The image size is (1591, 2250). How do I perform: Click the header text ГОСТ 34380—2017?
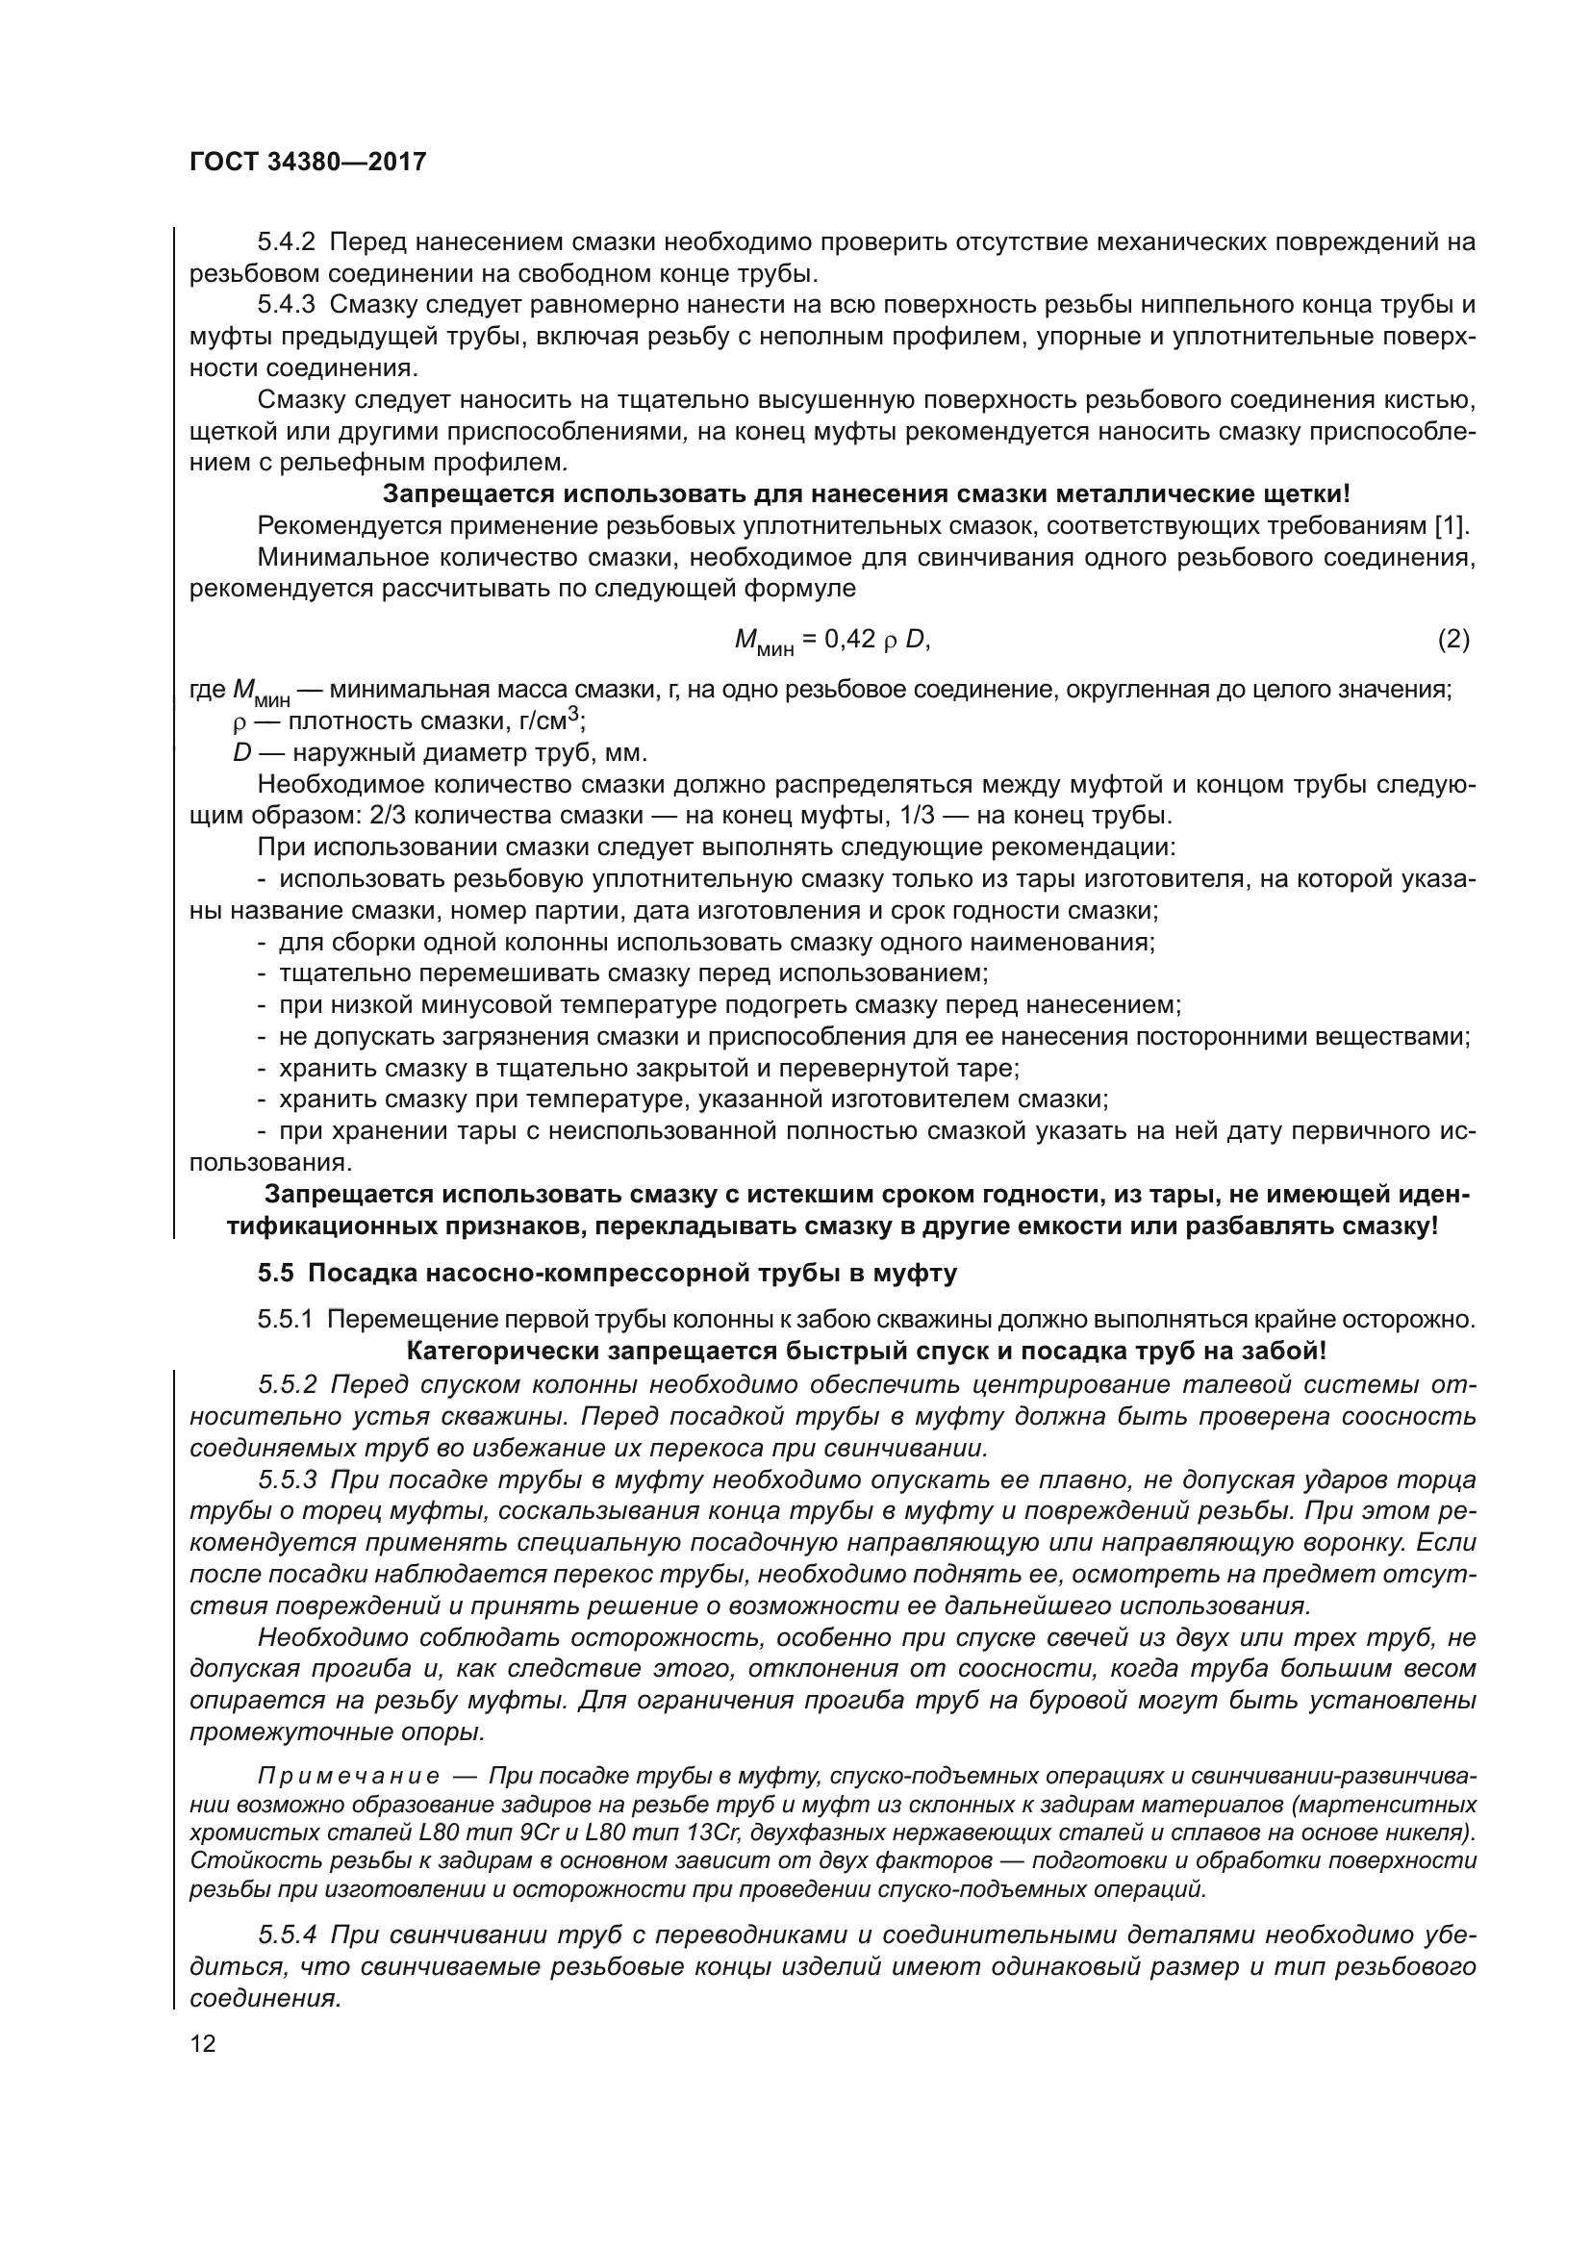tap(308, 162)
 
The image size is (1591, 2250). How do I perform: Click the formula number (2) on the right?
tap(1452, 640)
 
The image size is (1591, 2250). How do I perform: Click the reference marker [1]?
tap(1451, 526)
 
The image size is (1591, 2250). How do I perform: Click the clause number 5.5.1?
tap(285, 1319)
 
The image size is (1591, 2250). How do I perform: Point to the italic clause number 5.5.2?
tap(287, 1384)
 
